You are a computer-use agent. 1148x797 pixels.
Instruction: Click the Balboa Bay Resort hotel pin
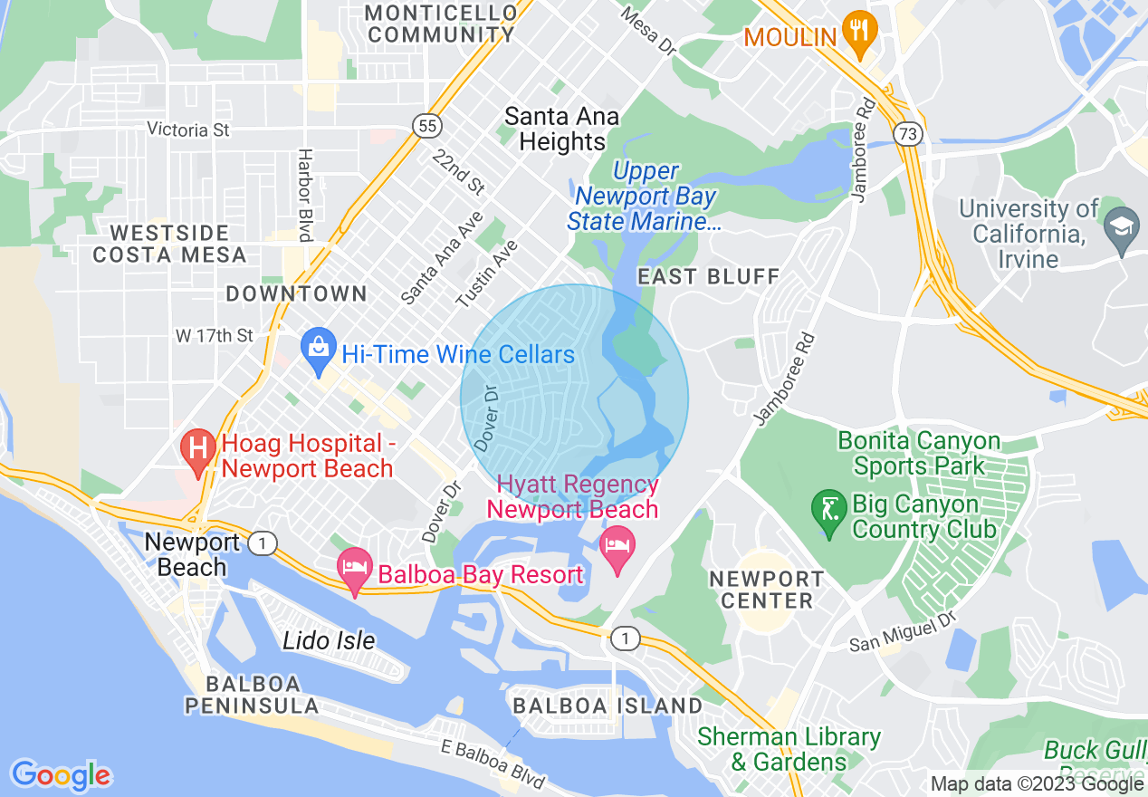click(x=355, y=570)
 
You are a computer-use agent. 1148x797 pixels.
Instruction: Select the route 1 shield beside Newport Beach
click(x=263, y=543)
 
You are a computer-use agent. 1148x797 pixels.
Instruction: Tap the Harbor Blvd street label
click(x=305, y=195)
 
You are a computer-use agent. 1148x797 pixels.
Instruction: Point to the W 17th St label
click(x=215, y=336)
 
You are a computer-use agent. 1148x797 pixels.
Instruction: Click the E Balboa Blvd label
click(x=493, y=764)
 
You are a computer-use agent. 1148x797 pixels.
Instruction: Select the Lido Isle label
click(x=329, y=640)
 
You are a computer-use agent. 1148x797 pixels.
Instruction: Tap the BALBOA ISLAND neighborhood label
click(x=607, y=706)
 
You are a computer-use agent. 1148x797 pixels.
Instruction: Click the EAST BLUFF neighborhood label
click(x=708, y=276)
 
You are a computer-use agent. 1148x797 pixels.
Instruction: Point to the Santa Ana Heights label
click(x=562, y=129)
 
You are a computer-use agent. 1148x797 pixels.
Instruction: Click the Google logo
click(x=61, y=775)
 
